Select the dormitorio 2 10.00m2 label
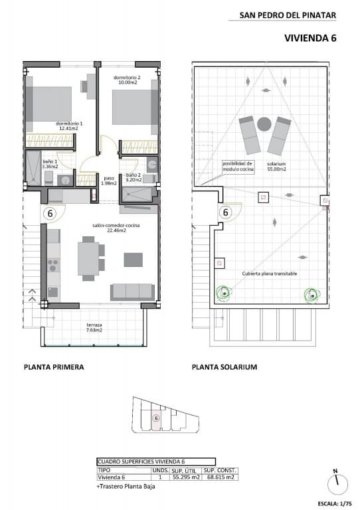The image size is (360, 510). (x=126, y=81)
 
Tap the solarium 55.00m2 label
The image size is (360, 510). (x=276, y=166)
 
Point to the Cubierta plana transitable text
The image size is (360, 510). (x=269, y=273)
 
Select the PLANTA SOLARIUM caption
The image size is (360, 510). (x=224, y=366)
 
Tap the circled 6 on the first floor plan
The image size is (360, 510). (x=49, y=214)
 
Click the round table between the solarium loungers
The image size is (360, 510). (x=264, y=124)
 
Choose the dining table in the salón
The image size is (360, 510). (x=88, y=258)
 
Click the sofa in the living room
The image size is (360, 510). (x=132, y=290)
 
